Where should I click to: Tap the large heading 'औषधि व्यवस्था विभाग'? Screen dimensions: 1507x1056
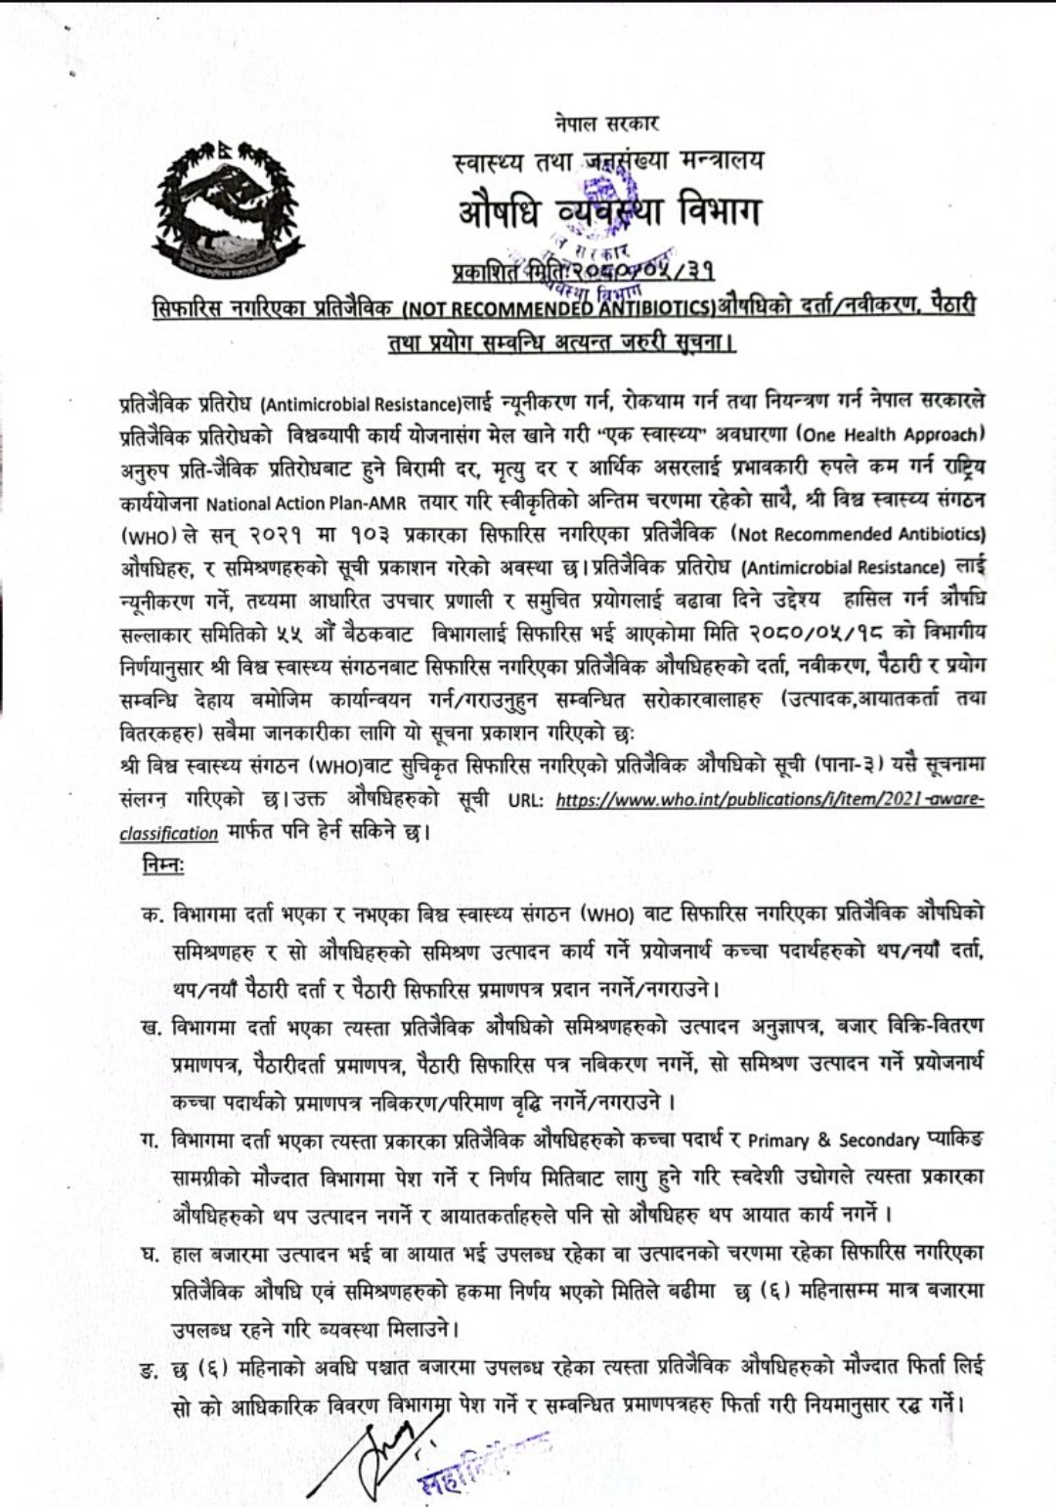pos(607,210)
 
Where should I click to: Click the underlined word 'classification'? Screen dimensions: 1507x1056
pos(169,833)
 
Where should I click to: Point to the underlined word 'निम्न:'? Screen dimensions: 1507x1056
pos(156,868)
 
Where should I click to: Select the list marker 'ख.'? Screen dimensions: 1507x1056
pos(153,1025)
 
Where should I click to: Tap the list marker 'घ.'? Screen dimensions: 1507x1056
pos(152,1253)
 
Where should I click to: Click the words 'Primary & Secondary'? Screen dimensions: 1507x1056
pos(834,1140)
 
